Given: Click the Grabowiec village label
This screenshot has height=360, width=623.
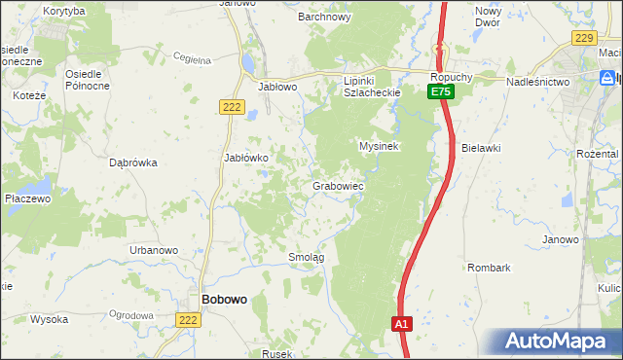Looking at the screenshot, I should [x=338, y=185].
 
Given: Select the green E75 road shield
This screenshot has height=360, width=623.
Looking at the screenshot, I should [x=441, y=90].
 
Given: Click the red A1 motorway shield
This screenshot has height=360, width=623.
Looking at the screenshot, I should [x=402, y=324].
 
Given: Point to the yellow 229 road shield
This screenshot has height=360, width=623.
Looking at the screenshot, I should [x=584, y=37].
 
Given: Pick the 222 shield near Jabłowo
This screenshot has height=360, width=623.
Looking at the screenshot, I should [x=230, y=107].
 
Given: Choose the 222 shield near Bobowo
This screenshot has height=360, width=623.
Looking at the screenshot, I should [x=190, y=319].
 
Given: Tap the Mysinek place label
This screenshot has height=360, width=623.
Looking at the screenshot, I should [x=380, y=146].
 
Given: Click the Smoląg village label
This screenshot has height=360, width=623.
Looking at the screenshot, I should [x=306, y=257].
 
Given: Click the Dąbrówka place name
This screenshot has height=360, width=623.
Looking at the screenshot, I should [x=133, y=163].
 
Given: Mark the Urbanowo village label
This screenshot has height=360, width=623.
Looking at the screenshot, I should [x=154, y=250].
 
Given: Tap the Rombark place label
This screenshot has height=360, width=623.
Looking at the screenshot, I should [x=489, y=267].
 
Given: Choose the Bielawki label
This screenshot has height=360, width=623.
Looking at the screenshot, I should [x=481, y=148].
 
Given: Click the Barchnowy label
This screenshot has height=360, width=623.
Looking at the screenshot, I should [x=324, y=17].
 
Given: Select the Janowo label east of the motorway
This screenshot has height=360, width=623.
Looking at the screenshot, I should [x=561, y=239].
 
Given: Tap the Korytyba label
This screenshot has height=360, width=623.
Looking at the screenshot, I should [x=64, y=10].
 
